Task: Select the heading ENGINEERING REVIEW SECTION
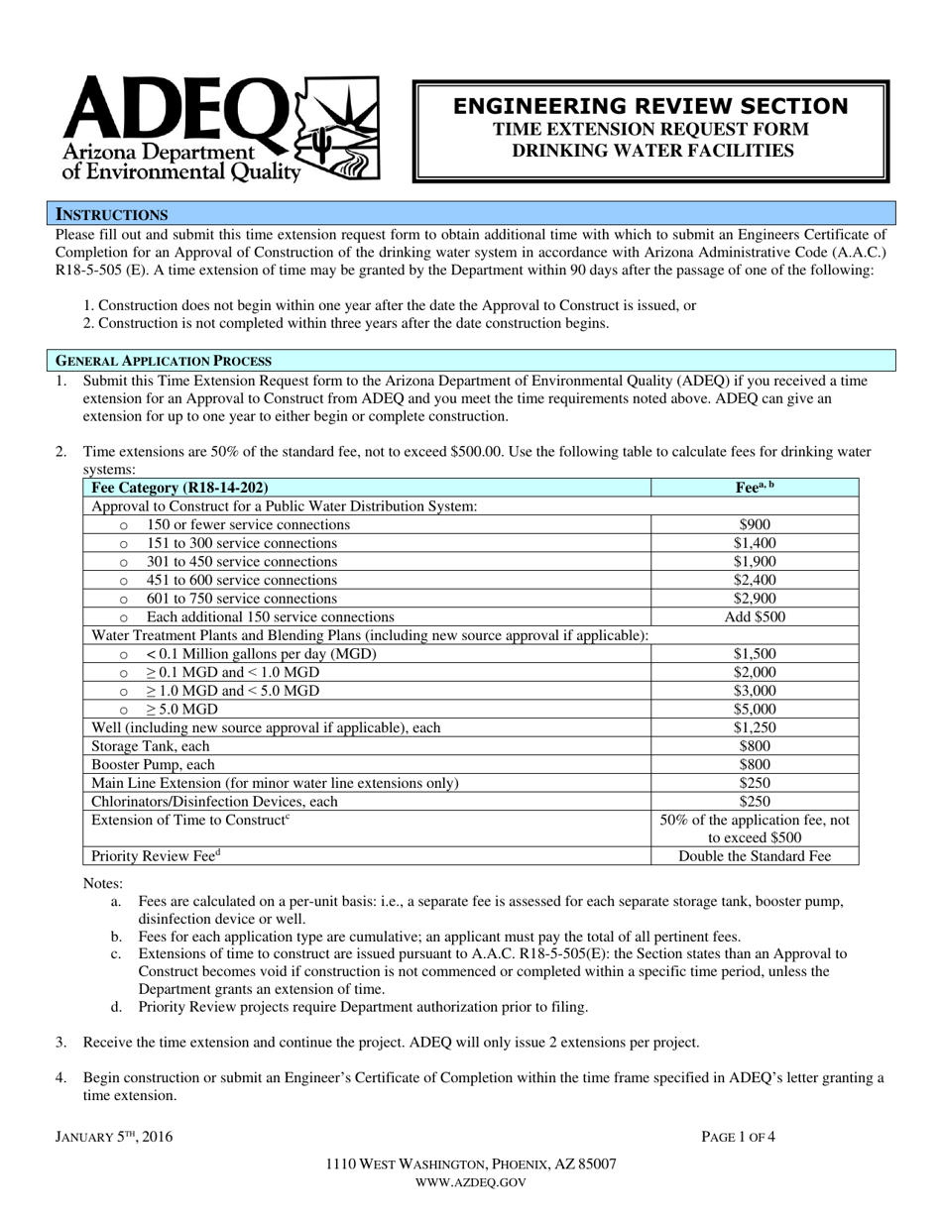(x=650, y=106)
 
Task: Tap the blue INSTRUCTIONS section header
(x=111, y=214)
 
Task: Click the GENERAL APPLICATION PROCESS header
(x=163, y=361)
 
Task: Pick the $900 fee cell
(x=755, y=524)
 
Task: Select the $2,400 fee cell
(x=755, y=580)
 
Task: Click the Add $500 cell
(x=755, y=616)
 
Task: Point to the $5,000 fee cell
(x=755, y=710)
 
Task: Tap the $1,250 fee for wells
(x=755, y=727)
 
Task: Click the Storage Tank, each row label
(x=151, y=746)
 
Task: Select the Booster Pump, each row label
(x=153, y=765)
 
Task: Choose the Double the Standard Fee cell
(x=755, y=857)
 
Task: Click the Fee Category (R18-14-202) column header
(x=179, y=488)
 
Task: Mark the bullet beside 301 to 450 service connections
(x=124, y=563)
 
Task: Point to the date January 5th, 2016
(x=113, y=1137)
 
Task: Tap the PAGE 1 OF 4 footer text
(x=738, y=1137)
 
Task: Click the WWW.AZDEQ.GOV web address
(x=470, y=1182)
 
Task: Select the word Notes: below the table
(x=103, y=883)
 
